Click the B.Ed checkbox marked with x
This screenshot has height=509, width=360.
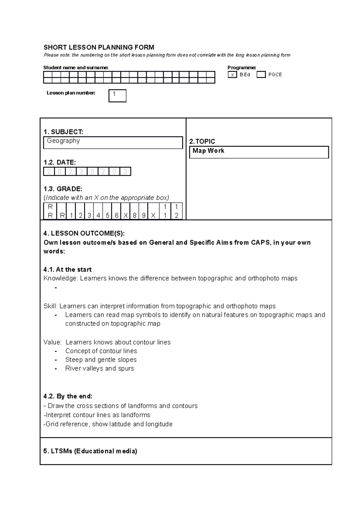(x=232, y=75)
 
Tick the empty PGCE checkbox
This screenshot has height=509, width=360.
(x=261, y=75)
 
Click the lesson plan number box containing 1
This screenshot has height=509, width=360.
(x=117, y=96)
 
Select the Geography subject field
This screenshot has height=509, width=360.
(x=113, y=142)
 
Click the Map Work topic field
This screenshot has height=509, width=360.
(x=259, y=152)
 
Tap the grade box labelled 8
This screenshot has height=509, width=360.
(x=135, y=211)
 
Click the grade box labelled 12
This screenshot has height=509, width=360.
(x=176, y=211)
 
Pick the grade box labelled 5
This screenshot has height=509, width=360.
(x=107, y=211)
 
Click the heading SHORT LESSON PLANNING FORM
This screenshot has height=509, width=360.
(x=99, y=47)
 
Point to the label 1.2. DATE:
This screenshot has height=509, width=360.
(x=60, y=162)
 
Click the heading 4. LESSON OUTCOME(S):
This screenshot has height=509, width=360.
(x=84, y=233)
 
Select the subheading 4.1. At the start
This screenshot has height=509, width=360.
(x=67, y=269)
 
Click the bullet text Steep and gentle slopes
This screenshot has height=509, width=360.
(x=101, y=359)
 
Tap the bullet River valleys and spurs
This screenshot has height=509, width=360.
(x=100, y=368)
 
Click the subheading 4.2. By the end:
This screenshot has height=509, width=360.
(x=68, y=396)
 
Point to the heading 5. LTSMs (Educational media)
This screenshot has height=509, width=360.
(x=90, y=451)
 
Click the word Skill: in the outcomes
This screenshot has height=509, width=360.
(x=50, y=306)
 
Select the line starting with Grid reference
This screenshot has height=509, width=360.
(x=108, y=424)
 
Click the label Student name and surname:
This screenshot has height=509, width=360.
(x=76, y=67)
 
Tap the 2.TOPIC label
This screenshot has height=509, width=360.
(x=202, y=141)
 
